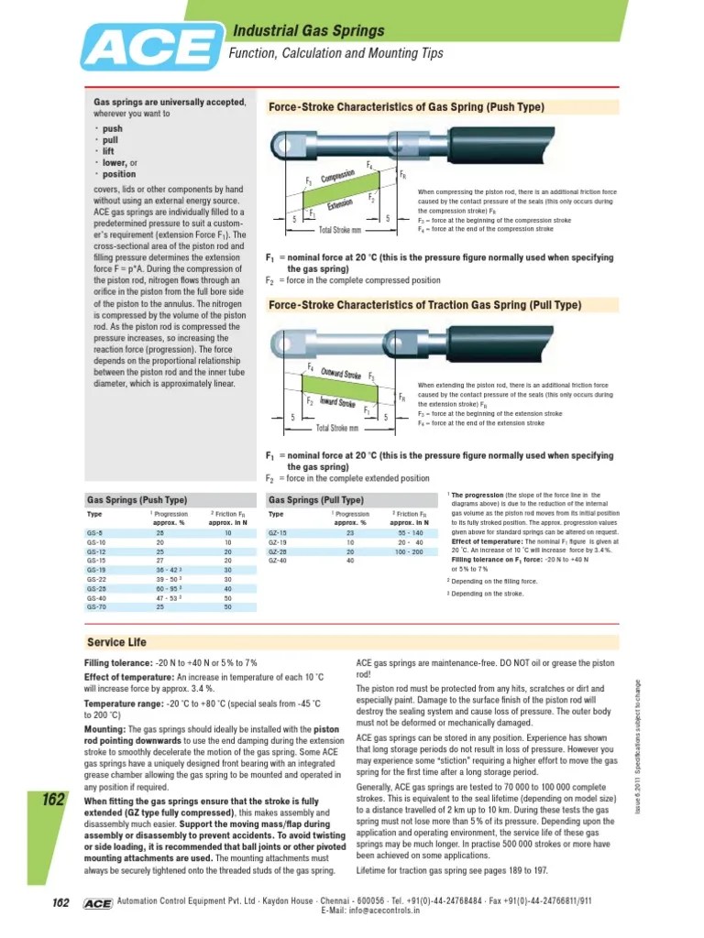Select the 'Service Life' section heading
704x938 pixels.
coord(116,641)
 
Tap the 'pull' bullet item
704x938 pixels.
coord(111,140)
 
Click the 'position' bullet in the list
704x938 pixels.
coord(118,174)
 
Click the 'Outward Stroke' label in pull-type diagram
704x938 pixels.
coord(340,375)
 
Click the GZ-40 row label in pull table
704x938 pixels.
coord(277,561)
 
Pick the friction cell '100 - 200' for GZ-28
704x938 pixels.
coord(409,552)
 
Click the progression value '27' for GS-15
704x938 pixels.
coord(159,561)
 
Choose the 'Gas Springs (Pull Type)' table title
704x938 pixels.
coord(316,500)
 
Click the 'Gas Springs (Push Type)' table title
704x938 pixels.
coord(137,500)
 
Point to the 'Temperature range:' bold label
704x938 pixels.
coord(121,703)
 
